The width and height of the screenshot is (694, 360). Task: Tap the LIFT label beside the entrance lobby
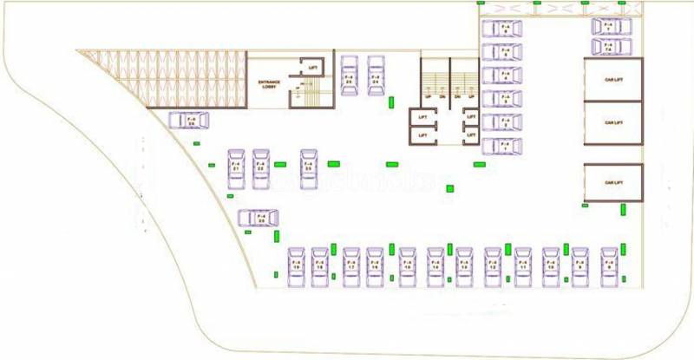click(x=311, y=66)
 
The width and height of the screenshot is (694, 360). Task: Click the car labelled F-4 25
click(x=350, y=76)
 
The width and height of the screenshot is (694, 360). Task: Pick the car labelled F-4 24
click(x=376, y=76)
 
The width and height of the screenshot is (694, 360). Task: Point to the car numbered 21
click(x=236, y=169)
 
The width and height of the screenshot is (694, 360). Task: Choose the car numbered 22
click(x=261, y=169)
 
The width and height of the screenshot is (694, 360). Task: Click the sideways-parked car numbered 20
click(x=256, y=219)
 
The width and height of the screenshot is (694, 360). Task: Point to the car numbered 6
click(x=503, y=29)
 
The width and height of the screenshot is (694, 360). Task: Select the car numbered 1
click(x=503, y=146)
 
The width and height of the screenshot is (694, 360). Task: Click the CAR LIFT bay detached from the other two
click(x=612, y=182)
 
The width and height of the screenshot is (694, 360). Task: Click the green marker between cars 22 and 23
click(x=280, y=164)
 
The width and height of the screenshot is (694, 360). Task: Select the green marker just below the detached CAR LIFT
click(x=625, y=208)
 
